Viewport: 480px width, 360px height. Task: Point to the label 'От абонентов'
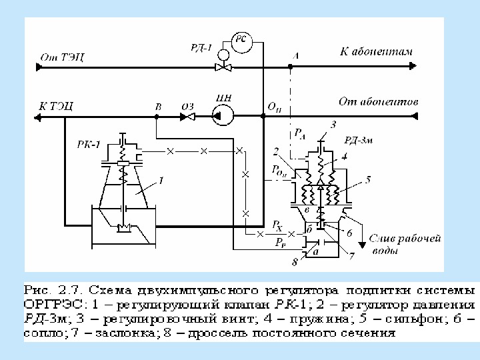point(378,103)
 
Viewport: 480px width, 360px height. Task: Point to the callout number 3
point(333,125)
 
